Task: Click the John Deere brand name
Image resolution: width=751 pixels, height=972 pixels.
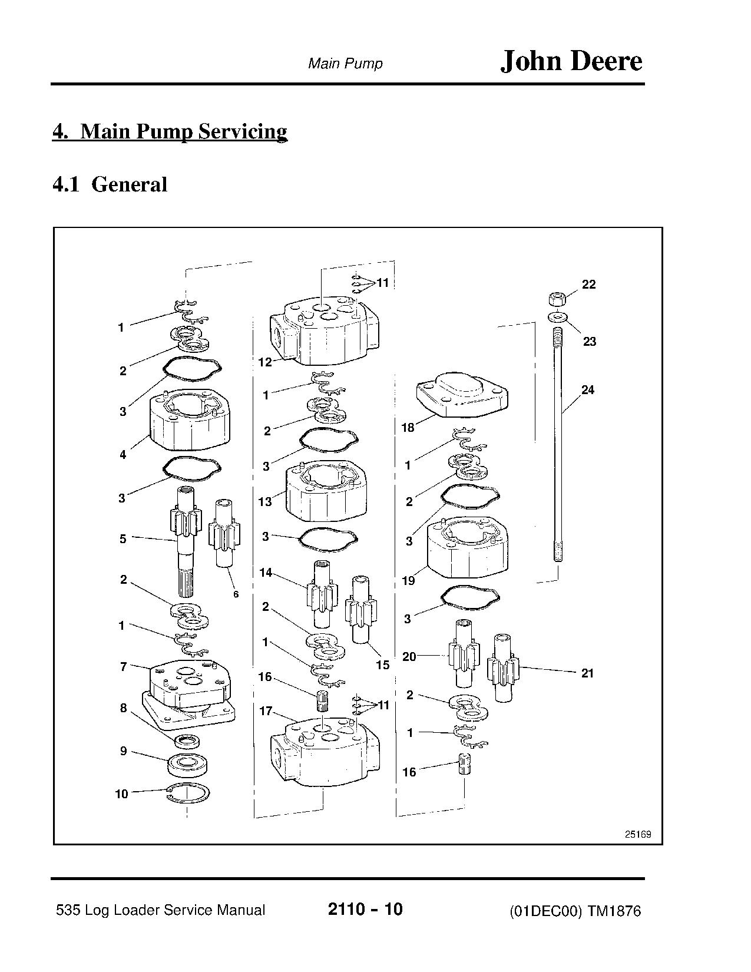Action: point(571,62)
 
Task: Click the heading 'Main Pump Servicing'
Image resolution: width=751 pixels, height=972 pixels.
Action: point(183,131)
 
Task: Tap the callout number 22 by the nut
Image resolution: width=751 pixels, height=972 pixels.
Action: point(588,285)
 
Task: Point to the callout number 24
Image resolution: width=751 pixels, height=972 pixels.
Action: point(588,389)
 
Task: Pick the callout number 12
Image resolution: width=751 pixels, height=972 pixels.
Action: point(265,362)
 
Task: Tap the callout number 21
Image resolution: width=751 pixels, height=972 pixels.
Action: point(587,673)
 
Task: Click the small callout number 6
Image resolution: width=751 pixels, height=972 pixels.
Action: point(236,594)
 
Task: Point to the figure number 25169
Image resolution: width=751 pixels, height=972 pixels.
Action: point(637,834)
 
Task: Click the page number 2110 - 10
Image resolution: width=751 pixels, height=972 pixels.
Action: point(365,909)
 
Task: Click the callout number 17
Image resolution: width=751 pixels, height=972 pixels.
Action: point(266,711)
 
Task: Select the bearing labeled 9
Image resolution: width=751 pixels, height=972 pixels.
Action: point(187,765)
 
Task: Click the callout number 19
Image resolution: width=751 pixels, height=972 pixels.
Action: point(408,581)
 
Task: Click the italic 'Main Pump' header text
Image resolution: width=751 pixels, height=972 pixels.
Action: point(345,64)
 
